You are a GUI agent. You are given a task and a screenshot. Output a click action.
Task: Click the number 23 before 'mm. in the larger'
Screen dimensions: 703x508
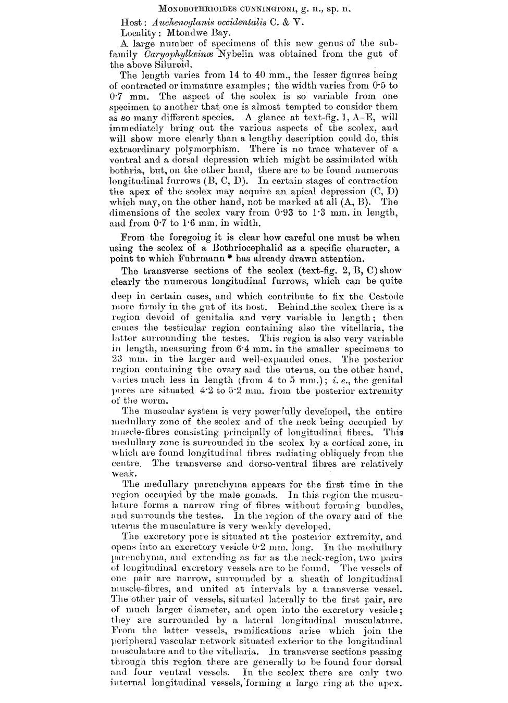pos(117,359)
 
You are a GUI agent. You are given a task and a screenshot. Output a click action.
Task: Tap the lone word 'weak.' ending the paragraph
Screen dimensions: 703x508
pos(123,474)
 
